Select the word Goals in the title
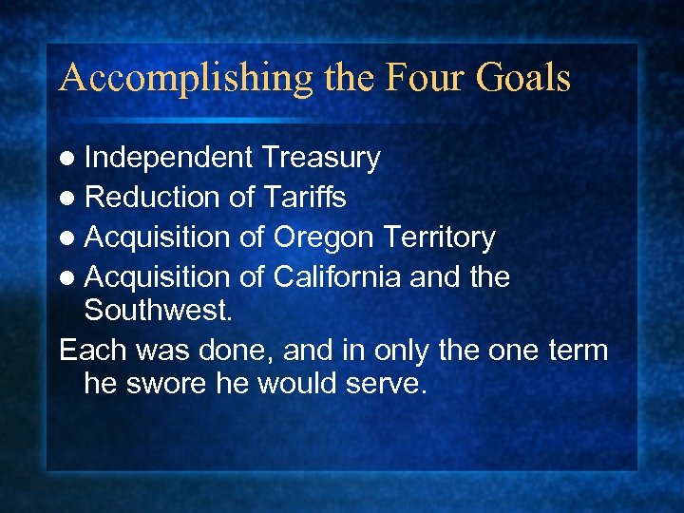coord(522,77)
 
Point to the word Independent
coord(168,158)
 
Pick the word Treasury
coord(320,158)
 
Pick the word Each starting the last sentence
coord(87,350)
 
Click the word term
coord(578,350)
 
